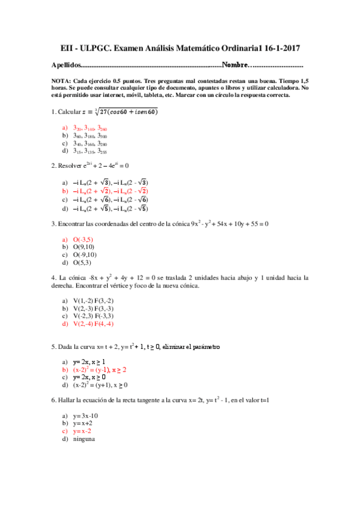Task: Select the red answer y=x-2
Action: click(x=82, y=431)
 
